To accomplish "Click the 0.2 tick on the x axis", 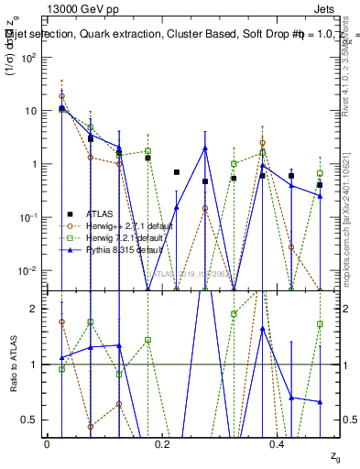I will click(162, 444).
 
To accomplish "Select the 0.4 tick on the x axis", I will click(278, 444).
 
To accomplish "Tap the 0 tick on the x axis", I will click(48, 444).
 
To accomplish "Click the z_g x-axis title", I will click(322, 456).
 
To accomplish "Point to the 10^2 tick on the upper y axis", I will click(28, 58).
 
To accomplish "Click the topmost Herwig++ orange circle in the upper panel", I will click(61, 95).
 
